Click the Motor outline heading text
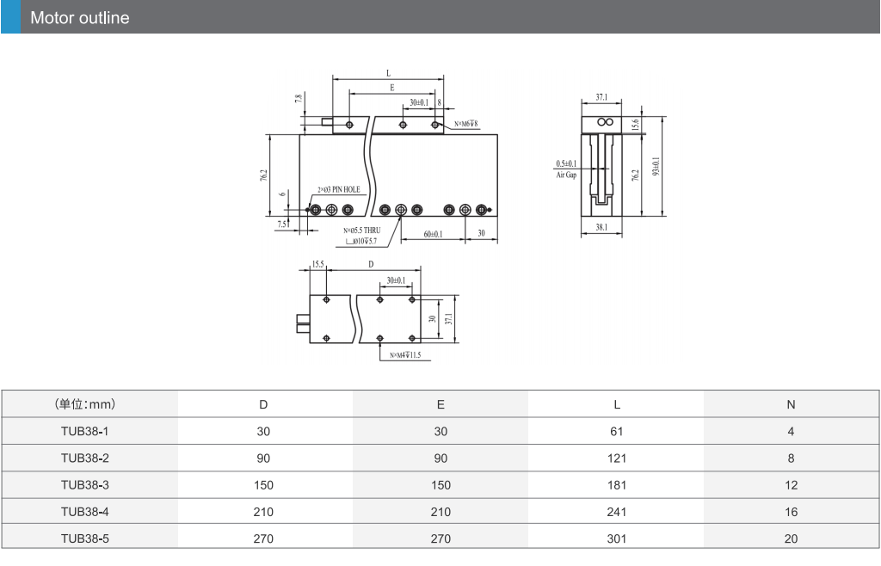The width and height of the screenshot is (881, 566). click(x=80, y=18)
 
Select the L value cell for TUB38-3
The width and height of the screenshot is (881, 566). click(x=616, y=485)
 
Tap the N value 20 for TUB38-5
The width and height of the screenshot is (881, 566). click(x=791, y=539)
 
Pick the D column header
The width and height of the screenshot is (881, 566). click(x=263, y=405)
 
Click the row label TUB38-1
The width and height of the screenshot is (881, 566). click(x=85, y=431)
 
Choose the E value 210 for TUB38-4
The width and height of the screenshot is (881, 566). click(x=440, y=512)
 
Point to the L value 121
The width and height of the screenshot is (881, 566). click(x=616, y=458)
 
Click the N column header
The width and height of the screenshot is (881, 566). click(x=791, y=405)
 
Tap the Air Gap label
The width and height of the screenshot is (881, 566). click(x=566, y=175)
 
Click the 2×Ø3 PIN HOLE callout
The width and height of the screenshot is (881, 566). click(x=339, y=190)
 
